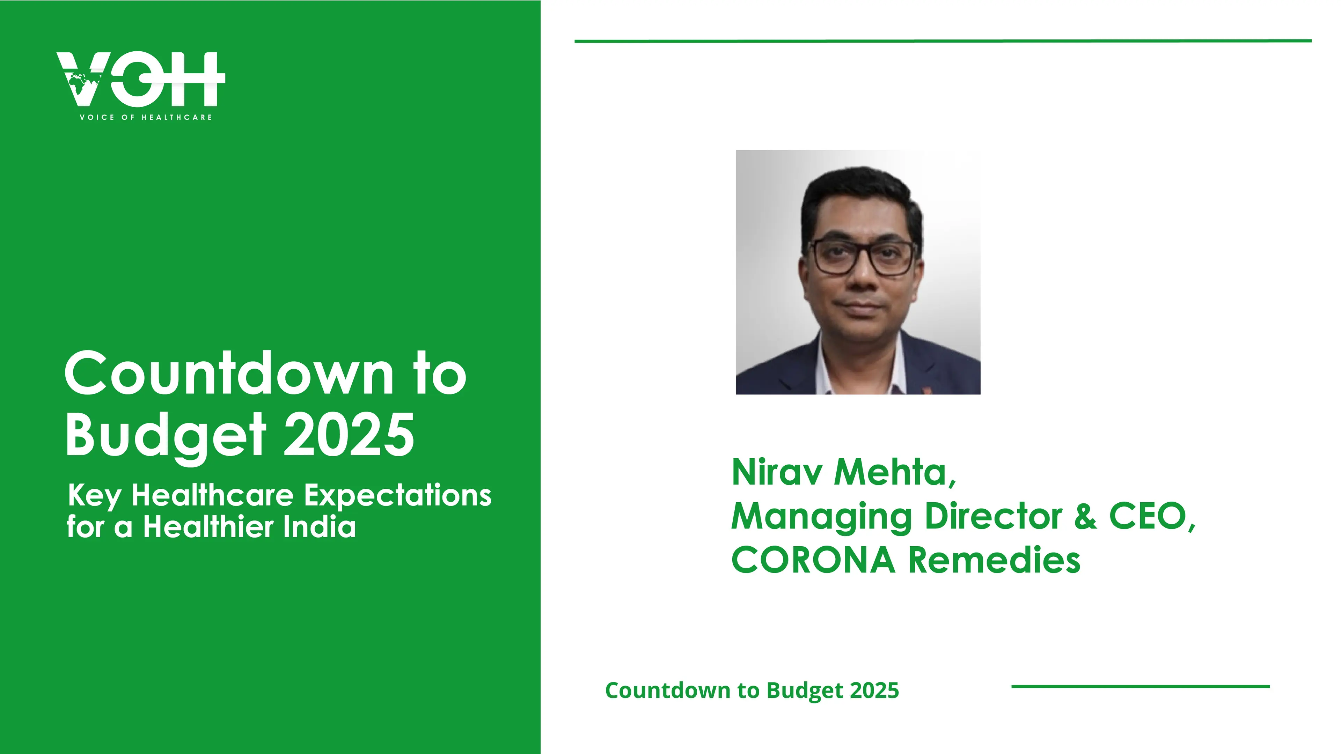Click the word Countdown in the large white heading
pos(229,374)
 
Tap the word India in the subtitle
pos(320,527)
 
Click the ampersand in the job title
pos(1085,517)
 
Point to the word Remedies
pos(994,560)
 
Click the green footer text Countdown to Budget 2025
pos(752,690)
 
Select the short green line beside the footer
pos(1141,686)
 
